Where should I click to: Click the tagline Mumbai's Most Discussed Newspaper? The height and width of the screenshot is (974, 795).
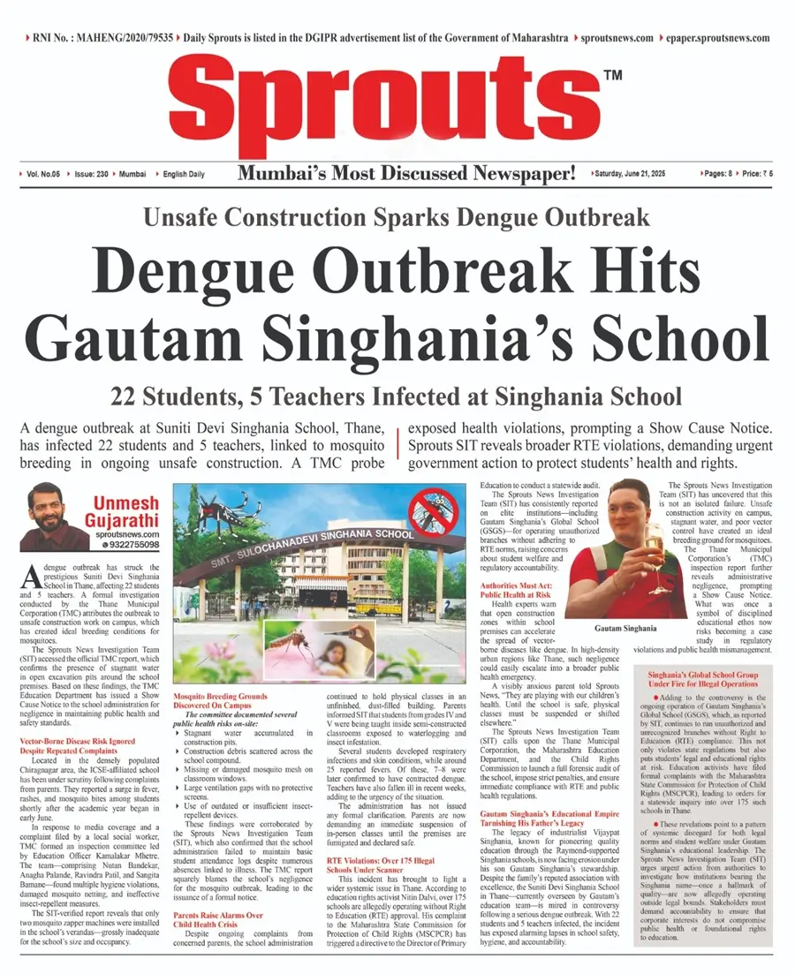click(x=407, y=174)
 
